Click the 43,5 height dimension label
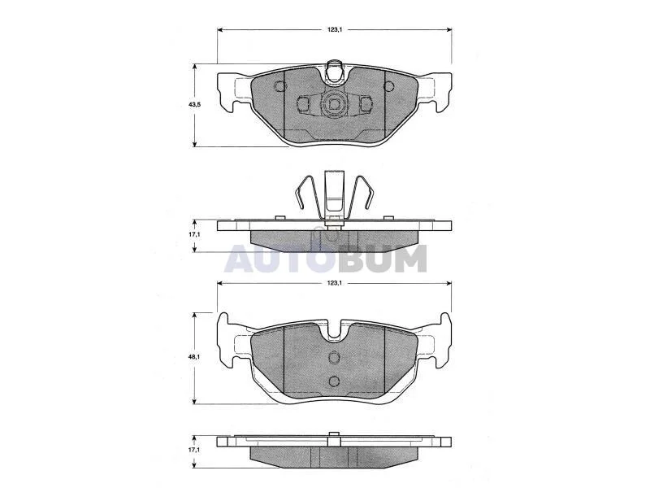[194, 105]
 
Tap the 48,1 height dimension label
[194, 356]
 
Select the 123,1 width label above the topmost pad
[334, 29]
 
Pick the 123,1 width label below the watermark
[334, 283]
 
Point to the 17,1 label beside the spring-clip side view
[194, 234]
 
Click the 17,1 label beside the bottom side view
[194, 450]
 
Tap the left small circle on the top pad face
[280, 86]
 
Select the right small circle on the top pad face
[389, 86]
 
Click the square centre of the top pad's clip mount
[334, 104]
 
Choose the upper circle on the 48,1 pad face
[334, 356]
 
